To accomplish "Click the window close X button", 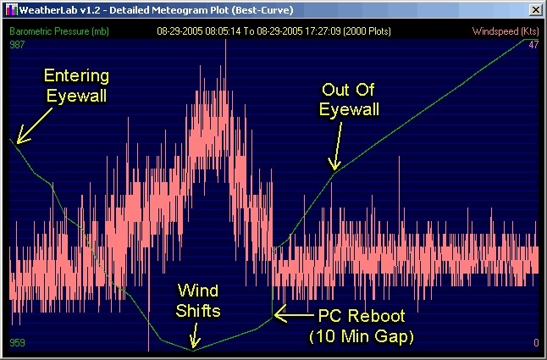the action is [535, 10].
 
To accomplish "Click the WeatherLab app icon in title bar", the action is [12, 10].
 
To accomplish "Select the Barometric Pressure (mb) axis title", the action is [59, 31].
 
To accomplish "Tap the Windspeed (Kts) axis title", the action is [506, 31].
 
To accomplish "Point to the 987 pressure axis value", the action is [17, 45].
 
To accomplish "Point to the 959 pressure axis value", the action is [17, 342].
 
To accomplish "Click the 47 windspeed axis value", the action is [533, 45].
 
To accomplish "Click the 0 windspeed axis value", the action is [536, 343].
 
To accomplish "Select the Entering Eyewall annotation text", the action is [76, 86].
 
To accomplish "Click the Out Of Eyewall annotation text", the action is [349, 99].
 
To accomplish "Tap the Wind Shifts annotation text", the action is [198, 301].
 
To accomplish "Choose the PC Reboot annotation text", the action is [362, 316].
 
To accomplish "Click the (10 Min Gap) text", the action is [362, 336].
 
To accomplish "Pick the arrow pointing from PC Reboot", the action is [294, 314].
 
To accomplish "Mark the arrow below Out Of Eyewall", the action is [336, 146].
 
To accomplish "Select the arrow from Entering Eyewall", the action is [34, 126].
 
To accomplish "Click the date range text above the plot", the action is [273, 31].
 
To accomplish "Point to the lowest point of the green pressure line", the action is [192, 350].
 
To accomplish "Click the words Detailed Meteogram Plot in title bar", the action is [169, 10].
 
